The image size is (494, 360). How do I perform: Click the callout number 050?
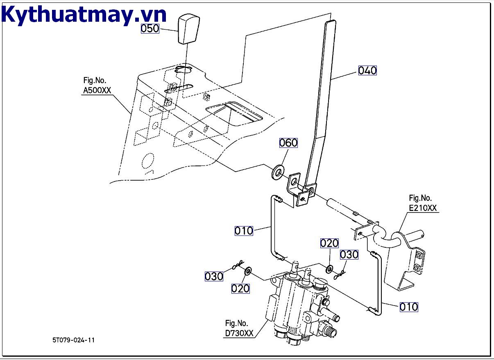[150, 28]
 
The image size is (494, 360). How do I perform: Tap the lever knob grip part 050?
[188, 28]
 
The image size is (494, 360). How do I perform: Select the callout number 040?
[367, 70]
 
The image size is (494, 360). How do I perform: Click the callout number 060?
[288, 143]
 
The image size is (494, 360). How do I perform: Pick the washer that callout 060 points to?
[278, 171]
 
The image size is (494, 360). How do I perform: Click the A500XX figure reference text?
[97, 86]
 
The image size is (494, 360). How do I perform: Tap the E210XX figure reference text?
[423, 203]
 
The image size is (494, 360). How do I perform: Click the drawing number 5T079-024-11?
[73, 340]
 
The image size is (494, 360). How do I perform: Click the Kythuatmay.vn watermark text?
[84, 15]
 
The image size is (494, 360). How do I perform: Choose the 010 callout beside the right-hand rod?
[408, 306]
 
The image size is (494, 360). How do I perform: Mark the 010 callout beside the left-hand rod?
[244, 231]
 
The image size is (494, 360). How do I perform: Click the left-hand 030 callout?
[214, 276]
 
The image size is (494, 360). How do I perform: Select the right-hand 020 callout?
[329, 243]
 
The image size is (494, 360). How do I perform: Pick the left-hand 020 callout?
[240, 289]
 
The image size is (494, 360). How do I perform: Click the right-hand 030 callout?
[349, 255]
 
